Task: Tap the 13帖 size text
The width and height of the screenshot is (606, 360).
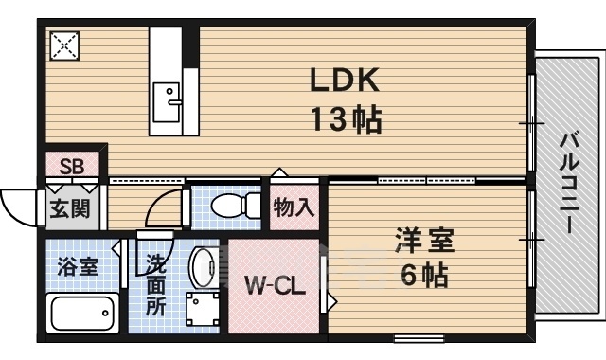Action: coord(345,119)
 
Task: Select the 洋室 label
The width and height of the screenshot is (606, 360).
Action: coord(424,241)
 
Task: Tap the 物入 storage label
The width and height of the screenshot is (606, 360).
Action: coord(294,207)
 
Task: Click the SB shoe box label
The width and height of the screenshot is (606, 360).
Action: coord(72,168)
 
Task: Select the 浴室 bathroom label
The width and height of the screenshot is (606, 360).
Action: coord(77,265)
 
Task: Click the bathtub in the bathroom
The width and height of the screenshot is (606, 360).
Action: coord(82,311)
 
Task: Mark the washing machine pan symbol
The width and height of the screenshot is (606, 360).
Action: coord(203,309)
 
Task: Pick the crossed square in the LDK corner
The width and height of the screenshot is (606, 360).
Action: coord(66,45)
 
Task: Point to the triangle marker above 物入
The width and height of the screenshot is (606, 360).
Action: coord(277,172)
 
